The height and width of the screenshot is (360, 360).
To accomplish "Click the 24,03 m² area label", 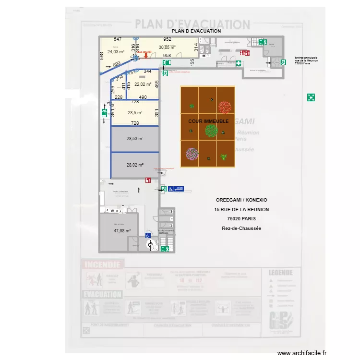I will [116, 51].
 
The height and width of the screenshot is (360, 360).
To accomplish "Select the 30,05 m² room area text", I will [167, 48].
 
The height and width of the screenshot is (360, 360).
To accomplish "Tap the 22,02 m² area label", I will [143, 84].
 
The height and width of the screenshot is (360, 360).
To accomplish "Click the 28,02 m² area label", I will [135, 165].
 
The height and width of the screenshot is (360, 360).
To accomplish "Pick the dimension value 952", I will [167, 39].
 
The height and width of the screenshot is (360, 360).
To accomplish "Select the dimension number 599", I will [117, 64].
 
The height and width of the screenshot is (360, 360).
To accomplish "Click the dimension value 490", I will [143, 97].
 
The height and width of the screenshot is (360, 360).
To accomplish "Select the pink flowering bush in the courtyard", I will [192, 154].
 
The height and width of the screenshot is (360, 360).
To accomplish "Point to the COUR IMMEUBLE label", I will [208, 121].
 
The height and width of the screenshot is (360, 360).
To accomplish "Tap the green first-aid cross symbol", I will [239, 63].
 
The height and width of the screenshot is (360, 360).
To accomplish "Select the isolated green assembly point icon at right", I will [311, 97].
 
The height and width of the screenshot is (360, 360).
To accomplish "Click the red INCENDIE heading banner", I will [103, 264].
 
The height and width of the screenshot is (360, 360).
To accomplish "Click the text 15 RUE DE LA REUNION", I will [241, 210].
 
